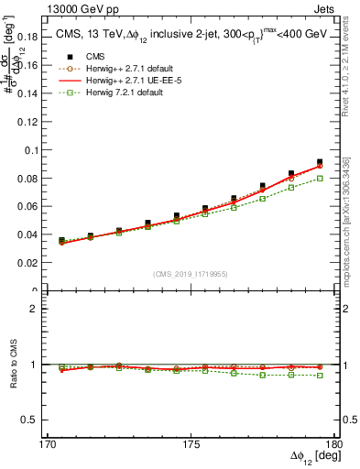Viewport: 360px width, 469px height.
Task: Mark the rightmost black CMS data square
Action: (320, 162)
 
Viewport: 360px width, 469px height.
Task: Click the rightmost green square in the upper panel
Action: (320, 179)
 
